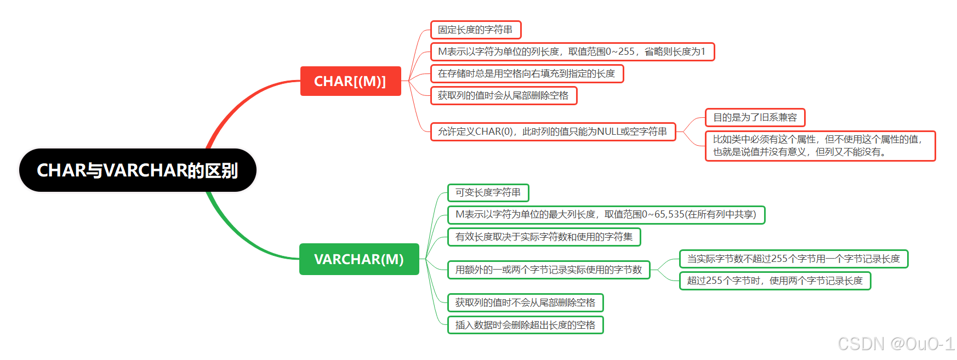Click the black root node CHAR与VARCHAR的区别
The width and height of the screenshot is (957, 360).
[x=138, y=170]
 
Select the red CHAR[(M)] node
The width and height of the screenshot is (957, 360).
[x=350, y=81]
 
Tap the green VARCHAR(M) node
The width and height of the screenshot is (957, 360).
[x=359, y=259]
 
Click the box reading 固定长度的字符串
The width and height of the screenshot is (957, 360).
[x=475, y=30]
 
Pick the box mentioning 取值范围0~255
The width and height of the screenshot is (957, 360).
[x=572, y=52]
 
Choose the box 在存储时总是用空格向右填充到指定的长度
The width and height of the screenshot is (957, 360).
[x=527, y=73]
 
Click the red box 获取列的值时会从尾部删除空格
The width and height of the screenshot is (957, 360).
[x=503, y=95]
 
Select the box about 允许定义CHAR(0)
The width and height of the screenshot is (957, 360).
[x=552, y=132]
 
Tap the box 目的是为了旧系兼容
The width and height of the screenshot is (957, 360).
[x=755, y=117]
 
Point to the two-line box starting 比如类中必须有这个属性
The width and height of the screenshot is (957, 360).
[x=820, y=146]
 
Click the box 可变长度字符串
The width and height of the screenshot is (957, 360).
[x=488, y=192]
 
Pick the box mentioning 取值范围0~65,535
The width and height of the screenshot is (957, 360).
[x=606, y=214]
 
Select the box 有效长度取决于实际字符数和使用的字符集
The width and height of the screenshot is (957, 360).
[x=544, y=237]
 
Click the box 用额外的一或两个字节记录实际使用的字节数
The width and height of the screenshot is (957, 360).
[x=549, y=270]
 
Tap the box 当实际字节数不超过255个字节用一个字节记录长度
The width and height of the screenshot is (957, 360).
[x=793, y=259]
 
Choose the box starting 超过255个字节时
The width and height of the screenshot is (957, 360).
[x=774, y=281]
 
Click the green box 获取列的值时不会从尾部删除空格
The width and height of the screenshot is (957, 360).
[x=525, y=302]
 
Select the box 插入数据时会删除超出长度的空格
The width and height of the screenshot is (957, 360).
[x=525, y=325]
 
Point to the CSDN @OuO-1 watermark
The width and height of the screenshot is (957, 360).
[x=896, y=344]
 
